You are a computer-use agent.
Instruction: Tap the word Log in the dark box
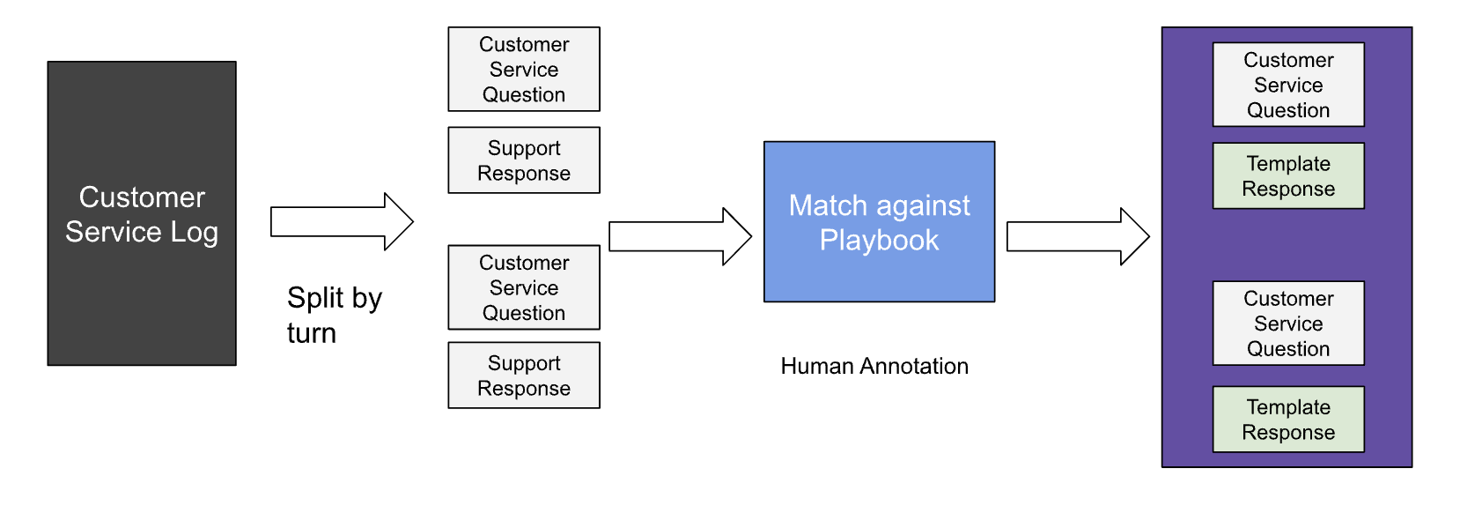[195, 232]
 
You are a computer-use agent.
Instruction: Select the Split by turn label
[334, 315]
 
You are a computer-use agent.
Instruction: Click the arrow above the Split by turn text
[342, 221]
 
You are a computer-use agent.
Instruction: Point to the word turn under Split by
[311, 333]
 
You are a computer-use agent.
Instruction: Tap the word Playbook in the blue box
[879, 241]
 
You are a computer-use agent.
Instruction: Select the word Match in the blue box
[828, 205]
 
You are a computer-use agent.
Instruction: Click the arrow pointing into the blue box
[680, 236]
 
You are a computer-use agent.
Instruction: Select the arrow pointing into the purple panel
[1078, 236]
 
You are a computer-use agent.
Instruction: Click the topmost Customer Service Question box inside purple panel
[1287, 85]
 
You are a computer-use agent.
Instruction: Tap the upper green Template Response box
[1287, 176]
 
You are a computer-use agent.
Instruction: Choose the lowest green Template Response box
[1287, 420]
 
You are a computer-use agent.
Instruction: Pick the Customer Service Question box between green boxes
[1287, 324]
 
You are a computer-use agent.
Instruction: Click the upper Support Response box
[524, 160]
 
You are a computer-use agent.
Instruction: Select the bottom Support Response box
[524, 376]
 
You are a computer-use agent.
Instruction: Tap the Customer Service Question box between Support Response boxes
[524, 287]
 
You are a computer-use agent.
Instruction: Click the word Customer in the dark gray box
[142, 197]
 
